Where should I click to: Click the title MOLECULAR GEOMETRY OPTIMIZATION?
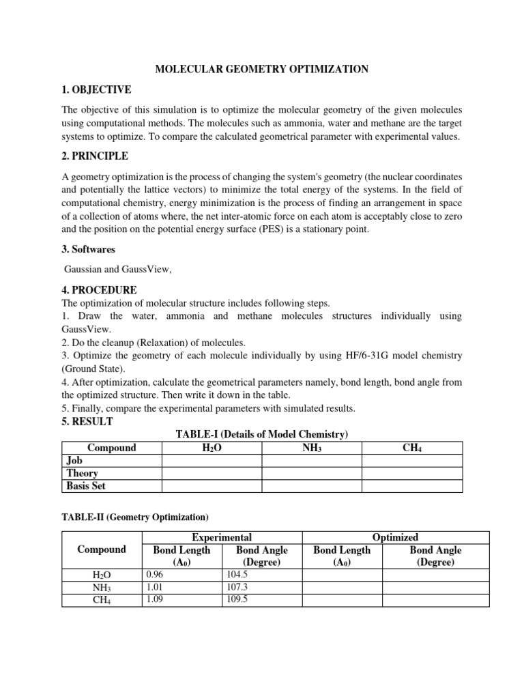[263, 69]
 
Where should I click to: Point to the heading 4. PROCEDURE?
[99, 289]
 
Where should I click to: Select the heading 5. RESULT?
[87, 421]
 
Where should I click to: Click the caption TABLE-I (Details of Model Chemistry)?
[262, 435]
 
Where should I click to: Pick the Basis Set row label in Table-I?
[86, 486]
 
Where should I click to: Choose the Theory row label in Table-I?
[82, 473]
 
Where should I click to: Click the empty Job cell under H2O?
[212, 461]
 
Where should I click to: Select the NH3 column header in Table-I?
[312, 448]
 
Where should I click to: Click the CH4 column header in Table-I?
[412, 448]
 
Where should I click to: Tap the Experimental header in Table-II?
[222, 537]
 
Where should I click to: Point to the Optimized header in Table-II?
[396, 537]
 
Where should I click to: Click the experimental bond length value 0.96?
[155, 575]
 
